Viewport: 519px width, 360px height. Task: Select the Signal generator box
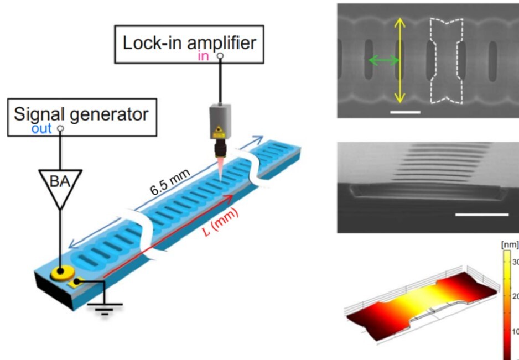pos(81,117)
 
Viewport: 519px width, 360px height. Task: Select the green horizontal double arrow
pos(384,60)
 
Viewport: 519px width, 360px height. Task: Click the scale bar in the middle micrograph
pos(481,213)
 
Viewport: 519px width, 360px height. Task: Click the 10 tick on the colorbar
pos(513,332)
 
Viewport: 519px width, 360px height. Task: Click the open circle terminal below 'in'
pos(220,56)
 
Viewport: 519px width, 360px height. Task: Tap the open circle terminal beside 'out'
pos(60,128)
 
